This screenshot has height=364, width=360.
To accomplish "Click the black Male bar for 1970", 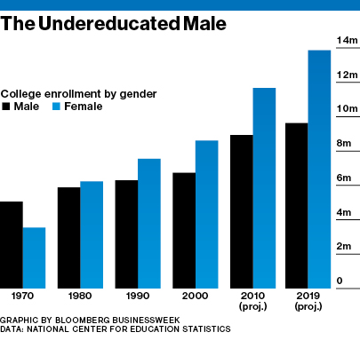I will click(x=11, y=244).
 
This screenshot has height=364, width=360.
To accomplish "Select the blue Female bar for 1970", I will click(x=34, y=257).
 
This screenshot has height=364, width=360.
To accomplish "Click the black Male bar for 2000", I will click(x=184, y=230).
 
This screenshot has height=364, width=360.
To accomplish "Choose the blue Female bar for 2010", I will click(x=264, y=187).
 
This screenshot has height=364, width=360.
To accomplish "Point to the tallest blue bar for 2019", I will click(x=319, y=169).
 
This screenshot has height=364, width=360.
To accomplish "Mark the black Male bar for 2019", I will click(x=296, y=205).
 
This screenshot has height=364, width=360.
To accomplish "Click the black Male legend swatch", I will click(x=6, y=107).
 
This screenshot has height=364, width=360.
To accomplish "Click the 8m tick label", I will click(x=344, y=144).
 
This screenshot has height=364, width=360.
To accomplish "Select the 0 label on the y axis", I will click(x=339, y=281).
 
